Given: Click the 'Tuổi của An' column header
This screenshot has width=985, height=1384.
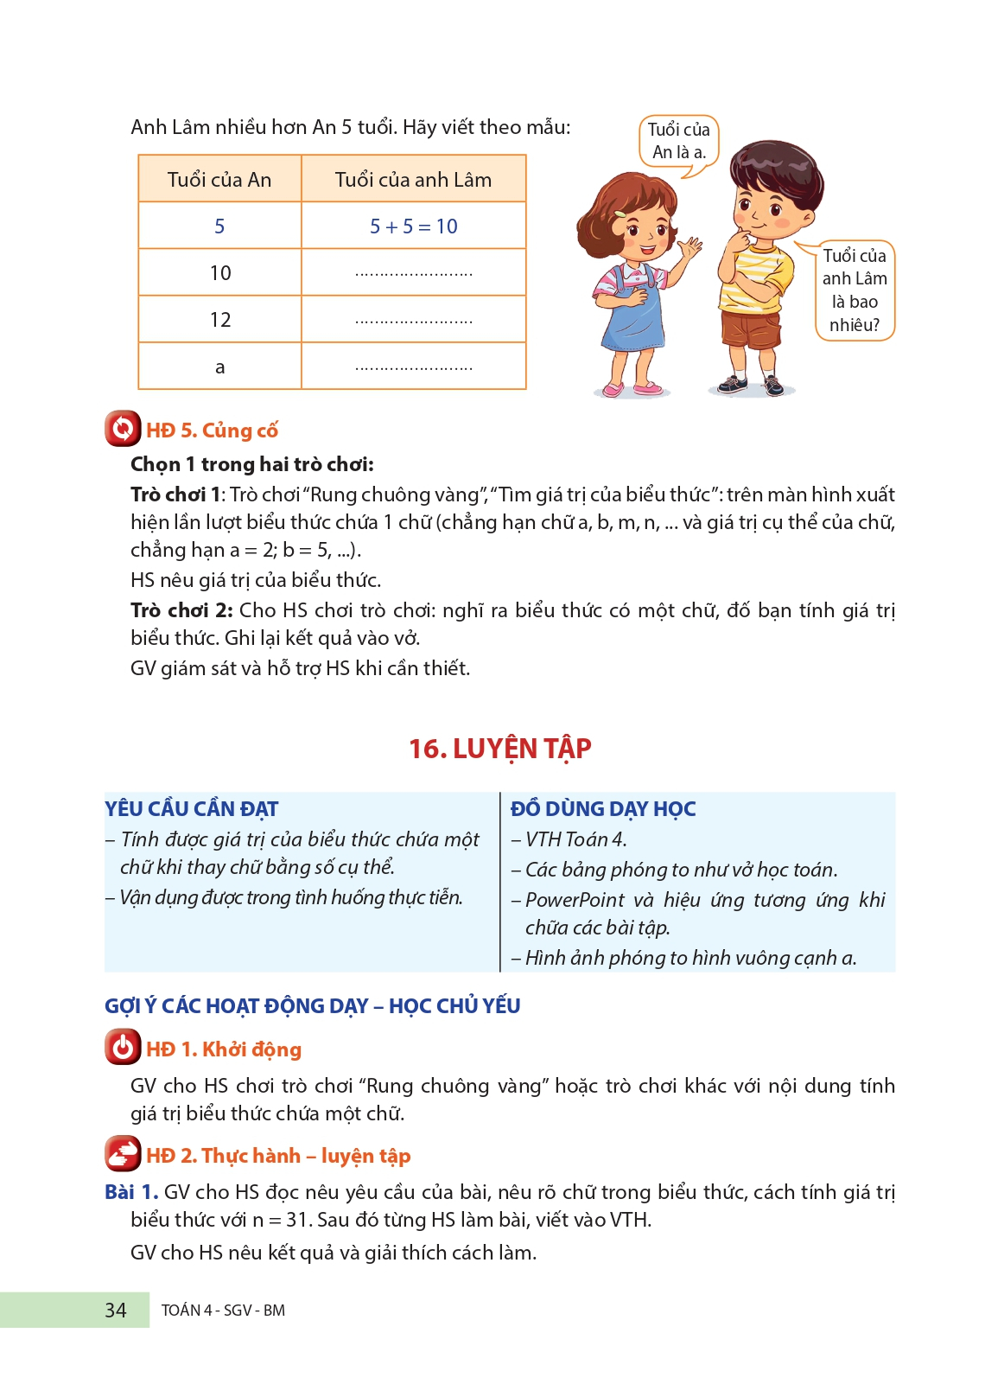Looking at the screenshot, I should [x=219, y=180].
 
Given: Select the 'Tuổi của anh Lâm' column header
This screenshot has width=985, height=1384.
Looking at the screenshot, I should [x=413, y=180].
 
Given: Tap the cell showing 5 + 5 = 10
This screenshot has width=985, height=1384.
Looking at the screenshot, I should [x=413, y=226].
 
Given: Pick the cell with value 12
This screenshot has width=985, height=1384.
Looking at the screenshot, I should [x=220, y=320].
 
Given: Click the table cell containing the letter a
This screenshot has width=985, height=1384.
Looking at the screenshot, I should [x=220, y=367].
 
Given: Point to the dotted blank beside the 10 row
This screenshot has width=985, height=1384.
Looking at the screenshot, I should [x=413, y=274].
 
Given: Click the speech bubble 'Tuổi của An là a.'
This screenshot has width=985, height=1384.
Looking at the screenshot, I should [x=679, y=142].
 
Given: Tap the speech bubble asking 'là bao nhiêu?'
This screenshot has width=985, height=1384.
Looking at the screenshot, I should [x=855, y=290].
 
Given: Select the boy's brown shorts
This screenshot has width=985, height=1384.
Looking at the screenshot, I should [x=749, y=329].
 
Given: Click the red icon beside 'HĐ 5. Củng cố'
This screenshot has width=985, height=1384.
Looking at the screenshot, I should [x=123, y=429].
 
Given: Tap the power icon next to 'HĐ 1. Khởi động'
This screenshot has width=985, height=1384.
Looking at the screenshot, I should [x=123, y=1048].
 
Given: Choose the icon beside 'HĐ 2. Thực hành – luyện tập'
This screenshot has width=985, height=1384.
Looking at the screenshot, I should [x=123, y=1154].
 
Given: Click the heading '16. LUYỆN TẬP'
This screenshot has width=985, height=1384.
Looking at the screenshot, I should [x=499, y=749].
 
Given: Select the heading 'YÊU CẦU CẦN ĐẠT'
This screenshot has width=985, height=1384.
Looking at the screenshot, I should [x=192, y=809].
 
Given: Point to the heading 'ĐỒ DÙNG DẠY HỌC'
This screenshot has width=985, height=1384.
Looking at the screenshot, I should [x=603, y=809].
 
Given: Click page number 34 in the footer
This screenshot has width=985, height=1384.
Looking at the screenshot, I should [x=116, y=1311].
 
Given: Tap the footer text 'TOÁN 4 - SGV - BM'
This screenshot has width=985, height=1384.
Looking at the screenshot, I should [x=223, y=1311].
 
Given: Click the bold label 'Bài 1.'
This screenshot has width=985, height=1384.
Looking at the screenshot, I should [x=131, y=1192].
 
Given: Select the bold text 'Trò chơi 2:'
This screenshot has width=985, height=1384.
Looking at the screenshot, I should [x=181, y=610].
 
